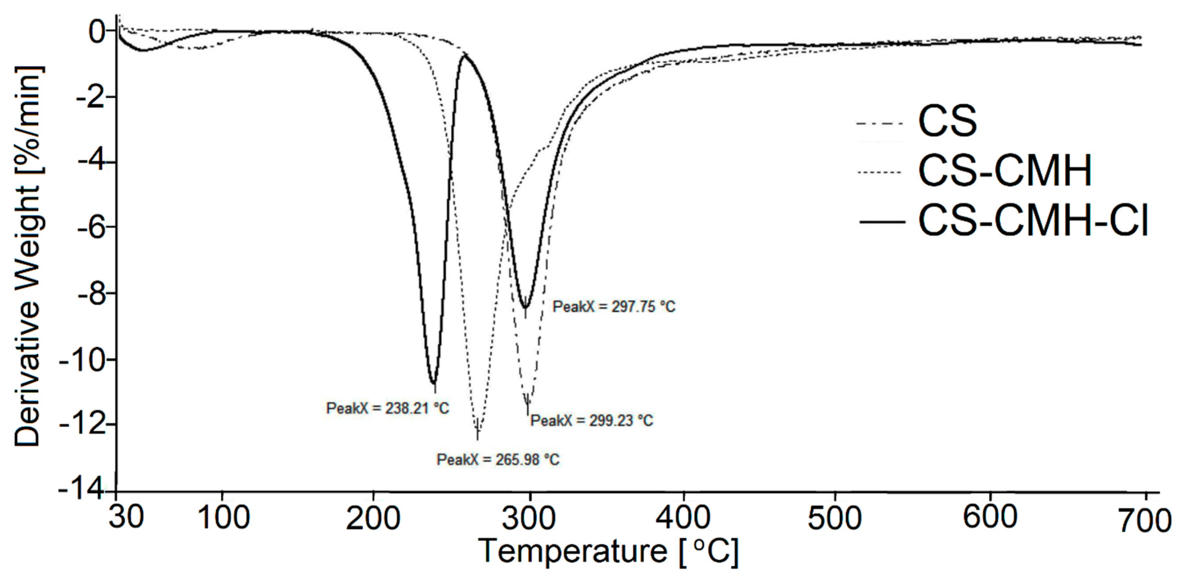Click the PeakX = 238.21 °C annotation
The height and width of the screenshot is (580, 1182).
387,408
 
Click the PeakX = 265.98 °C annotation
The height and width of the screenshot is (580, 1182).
498,459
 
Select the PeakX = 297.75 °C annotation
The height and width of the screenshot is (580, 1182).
614,306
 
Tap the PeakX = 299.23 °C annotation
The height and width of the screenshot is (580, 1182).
591,420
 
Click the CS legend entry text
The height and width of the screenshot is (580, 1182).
947,122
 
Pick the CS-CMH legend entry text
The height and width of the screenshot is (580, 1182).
1005,171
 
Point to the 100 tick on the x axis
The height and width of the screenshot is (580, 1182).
223,518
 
